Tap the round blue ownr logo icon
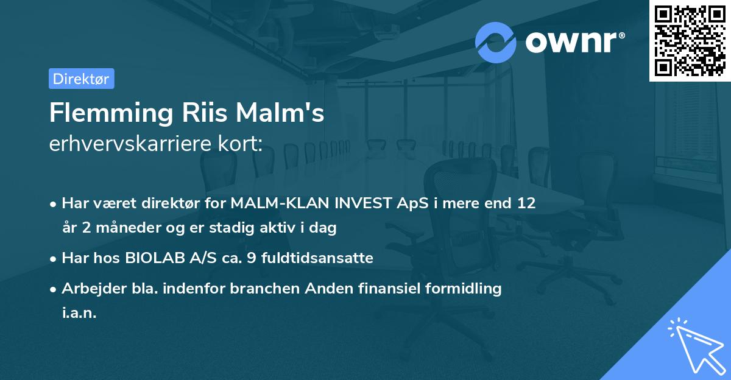pos(496,42)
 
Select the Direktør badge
pos(81,79)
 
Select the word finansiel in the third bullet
pos(384,289)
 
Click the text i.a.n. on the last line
pos(79,313)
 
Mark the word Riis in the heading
pos(199,113)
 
